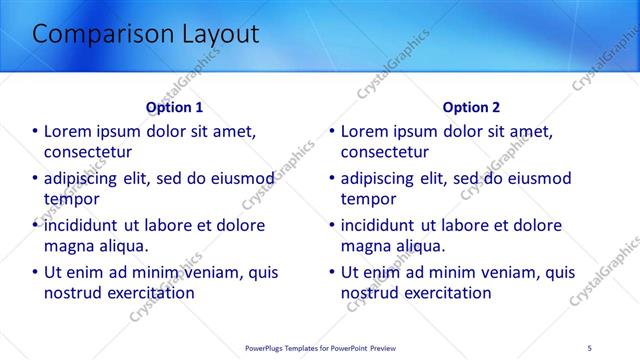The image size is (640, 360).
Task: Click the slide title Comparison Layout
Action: click(x=146, y=34)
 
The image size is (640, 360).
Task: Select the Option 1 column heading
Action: click(x=174, y=107)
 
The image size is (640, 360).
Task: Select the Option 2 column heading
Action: click(x=471, y=107)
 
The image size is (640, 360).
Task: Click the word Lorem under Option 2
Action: click(x=366, y=131)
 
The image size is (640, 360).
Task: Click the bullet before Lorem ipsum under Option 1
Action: click(x=35, y=131)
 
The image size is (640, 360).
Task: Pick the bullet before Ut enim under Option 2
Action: click(x=332, y=272)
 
